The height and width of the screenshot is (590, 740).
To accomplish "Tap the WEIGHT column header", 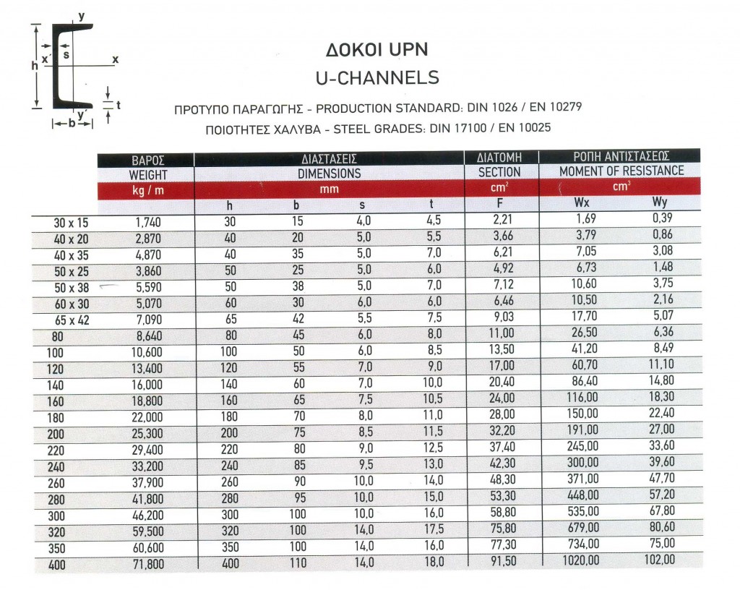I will (147, 174).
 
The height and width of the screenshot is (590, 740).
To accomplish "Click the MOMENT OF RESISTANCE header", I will (621, 171).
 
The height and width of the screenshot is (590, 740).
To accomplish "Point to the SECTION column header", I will (499, 172).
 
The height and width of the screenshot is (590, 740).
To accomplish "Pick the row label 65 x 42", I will (71, 320).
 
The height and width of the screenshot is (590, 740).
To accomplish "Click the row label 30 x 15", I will (71, 223).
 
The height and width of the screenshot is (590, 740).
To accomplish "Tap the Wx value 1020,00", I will (580, 560).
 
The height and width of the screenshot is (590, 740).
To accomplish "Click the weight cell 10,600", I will (147, 353).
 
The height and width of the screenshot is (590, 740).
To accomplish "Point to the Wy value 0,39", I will (663, 219).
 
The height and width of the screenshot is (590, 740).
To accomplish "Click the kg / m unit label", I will (147, 190).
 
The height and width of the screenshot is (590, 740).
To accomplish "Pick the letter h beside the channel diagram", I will (34, 65).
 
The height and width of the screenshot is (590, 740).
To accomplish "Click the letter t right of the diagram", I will (117, 105).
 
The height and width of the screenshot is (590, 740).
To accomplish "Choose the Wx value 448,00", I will (583, 495).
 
